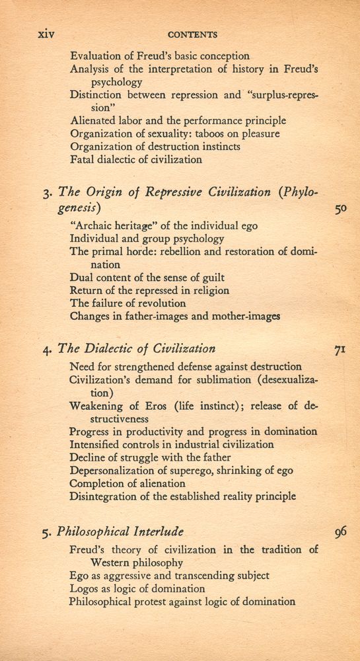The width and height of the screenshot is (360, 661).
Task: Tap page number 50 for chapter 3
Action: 341,210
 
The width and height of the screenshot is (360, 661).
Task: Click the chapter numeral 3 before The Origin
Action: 46,194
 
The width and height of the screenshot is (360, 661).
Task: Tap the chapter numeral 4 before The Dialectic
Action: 46,350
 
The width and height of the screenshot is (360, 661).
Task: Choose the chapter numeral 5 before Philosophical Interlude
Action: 46,532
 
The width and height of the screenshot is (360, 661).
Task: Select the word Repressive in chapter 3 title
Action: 168,193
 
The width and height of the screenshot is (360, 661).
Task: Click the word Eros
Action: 151,405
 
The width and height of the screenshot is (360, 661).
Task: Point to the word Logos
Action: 85,588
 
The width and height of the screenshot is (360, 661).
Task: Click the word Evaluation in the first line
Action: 98,56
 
